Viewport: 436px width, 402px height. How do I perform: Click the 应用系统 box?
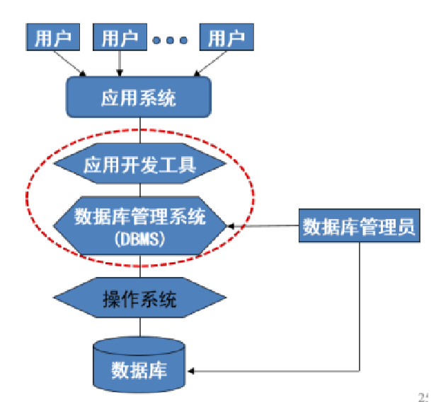click(x=139, y=97)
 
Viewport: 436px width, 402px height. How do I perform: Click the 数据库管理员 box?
click(x=361, y=227)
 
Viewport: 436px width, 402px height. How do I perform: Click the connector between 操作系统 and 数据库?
click(x=139, y=326)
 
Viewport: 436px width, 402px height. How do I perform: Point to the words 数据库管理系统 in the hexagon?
click(x=139, y=217)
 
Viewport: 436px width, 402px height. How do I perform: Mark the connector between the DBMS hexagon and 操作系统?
click(x=139, y=266)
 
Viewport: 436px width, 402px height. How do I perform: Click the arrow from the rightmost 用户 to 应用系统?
click(x=210, y=64)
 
